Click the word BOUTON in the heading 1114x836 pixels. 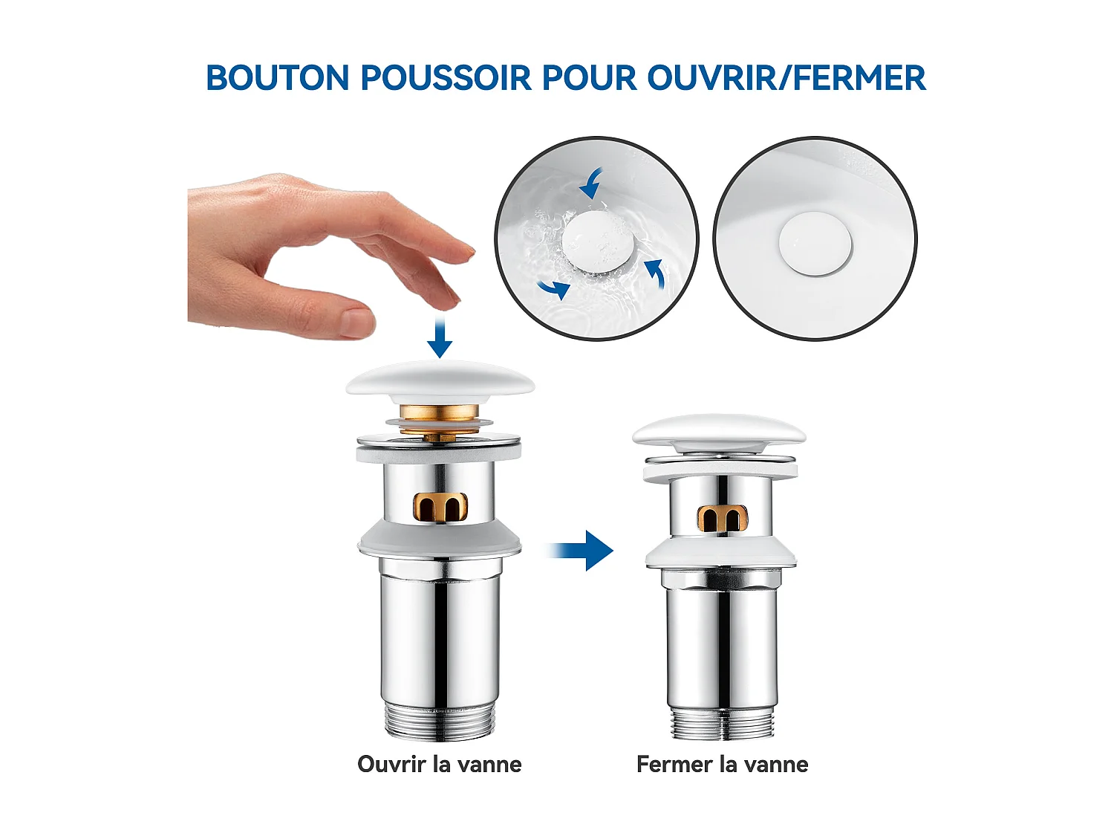pyautogui.click(x=277, y=79)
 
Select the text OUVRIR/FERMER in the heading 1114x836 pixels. pyautogui.click(x=786, y=79)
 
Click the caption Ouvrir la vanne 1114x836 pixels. pyautogui.click(x=439, y=764)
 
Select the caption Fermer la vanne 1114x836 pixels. pyautogui.click(x=722, y=764)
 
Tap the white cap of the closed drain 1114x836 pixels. pyautogui.click(x=719, y=430)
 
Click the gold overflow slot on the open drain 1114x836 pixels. pyautogui.click(x=440, y=506)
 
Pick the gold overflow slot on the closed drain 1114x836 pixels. pyautogui.click(x=722, y=518)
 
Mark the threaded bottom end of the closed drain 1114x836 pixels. pyautogui.click(x=722, y=723)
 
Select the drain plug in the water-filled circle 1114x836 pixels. pyautogui.click(x=597, y=241)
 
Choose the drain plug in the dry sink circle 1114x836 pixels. pyautogui.click(x=815, y=244)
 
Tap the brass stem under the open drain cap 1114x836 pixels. pyautogui.click(x=439, y=415)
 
